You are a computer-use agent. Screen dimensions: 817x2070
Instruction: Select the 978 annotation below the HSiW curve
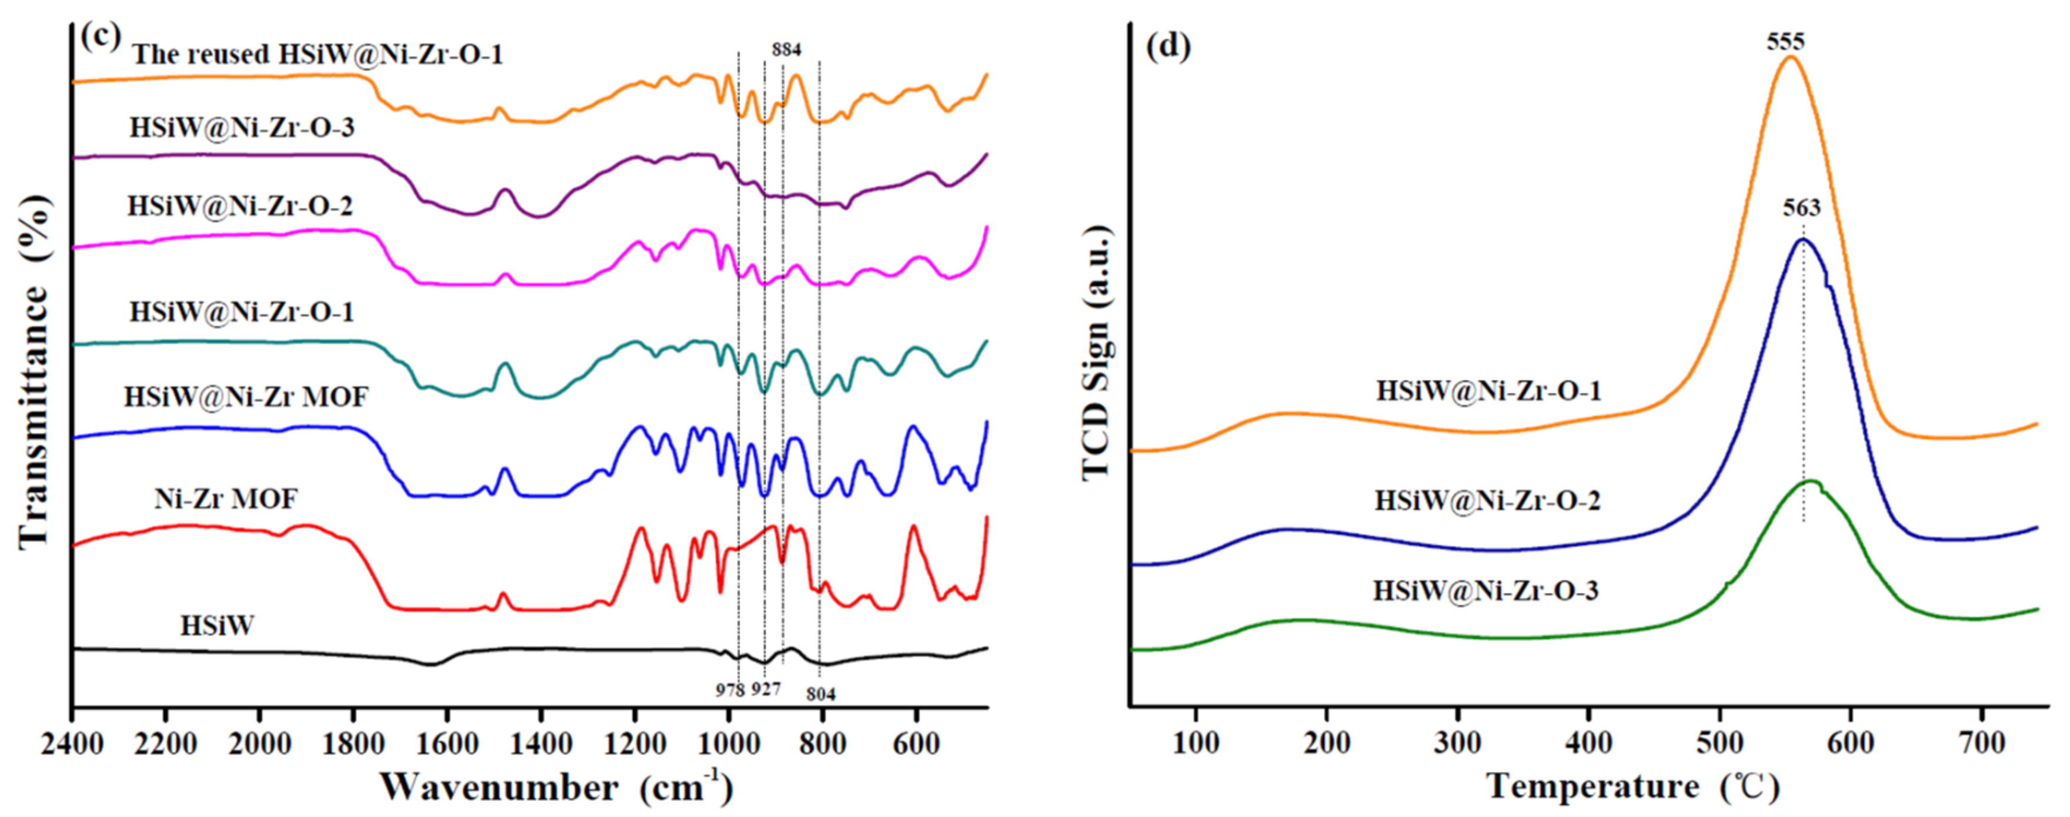730,690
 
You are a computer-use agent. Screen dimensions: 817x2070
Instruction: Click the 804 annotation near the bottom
820,694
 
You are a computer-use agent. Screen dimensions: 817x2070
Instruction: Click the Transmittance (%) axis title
34,370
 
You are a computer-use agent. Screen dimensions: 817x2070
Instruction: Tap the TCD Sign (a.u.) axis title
1096,354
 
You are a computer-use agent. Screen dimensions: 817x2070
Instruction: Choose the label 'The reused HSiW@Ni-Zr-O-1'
318,54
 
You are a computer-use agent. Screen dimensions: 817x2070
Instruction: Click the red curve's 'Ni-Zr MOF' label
226,499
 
